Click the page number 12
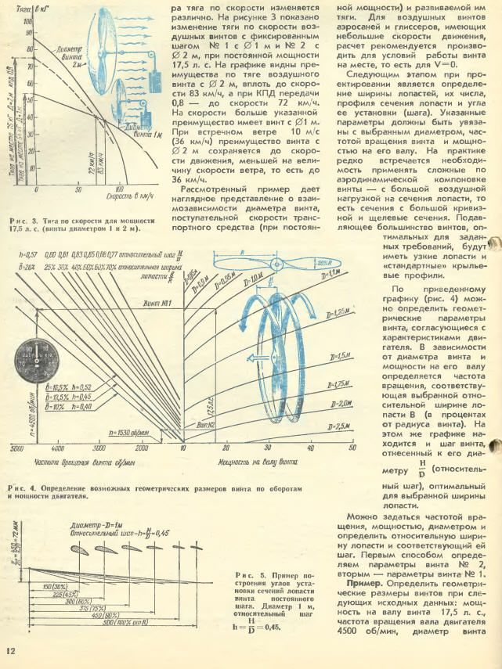[x=10, y=651]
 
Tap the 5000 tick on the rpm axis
[x=16, y=449]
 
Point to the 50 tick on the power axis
[x=352, y=448]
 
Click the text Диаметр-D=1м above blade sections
[x=99, y=525]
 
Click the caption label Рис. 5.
[x=245, y=575]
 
